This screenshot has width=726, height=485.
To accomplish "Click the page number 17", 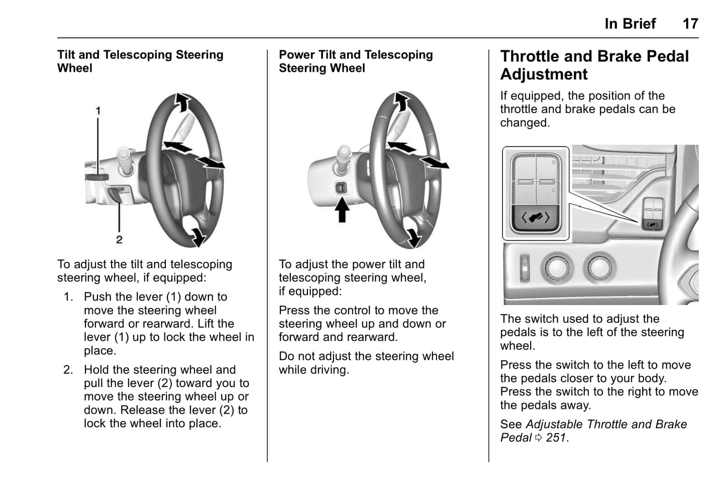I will point(690,24).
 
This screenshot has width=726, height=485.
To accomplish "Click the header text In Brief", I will point(630,24).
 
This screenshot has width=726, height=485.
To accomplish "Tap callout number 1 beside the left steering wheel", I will point(98,111).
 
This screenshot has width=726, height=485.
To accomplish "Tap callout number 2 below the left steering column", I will point(119,240).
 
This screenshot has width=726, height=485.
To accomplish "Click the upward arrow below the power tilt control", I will point(342,210).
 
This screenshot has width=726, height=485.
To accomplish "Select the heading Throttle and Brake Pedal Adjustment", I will point(594,65).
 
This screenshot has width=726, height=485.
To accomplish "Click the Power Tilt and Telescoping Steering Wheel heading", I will point(356,61).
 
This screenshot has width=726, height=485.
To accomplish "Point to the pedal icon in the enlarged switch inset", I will point(536,218).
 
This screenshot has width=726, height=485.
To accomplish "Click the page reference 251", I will point(556,438).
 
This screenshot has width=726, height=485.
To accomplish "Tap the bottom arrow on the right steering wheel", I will point(413,237).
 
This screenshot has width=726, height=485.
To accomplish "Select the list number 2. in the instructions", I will point(68,370).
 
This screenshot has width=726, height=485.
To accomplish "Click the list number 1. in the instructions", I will point(68,297).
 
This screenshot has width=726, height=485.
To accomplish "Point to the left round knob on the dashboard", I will point(558,267).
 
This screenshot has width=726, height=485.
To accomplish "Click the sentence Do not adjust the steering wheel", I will point(366,356).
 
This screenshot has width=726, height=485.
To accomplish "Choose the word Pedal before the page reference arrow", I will point(515,438).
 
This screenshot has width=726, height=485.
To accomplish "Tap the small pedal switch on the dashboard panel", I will point(652,224).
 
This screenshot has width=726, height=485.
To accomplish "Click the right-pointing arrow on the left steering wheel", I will point(211,162).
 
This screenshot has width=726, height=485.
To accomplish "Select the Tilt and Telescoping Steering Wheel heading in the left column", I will point(140,61).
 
